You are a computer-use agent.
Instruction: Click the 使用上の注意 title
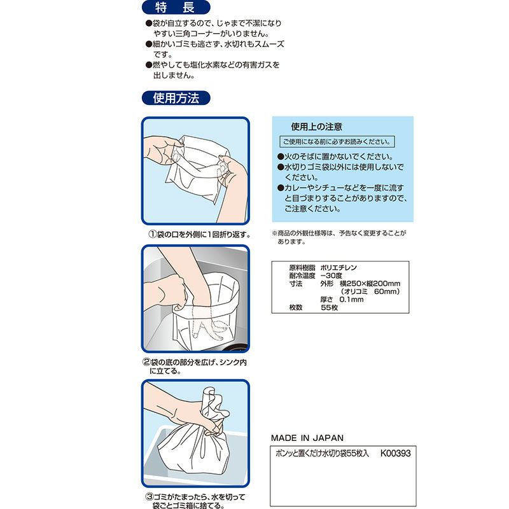click(316, 127)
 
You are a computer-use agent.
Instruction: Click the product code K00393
click(394, 455)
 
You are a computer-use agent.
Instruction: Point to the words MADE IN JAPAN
click(307, 438)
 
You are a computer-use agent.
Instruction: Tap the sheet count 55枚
click(329, 307)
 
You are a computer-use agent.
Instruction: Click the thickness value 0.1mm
click(351, 299)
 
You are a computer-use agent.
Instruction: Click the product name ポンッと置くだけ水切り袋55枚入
click(323, 455)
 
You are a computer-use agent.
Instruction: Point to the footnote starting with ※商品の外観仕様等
click(337, 237)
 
